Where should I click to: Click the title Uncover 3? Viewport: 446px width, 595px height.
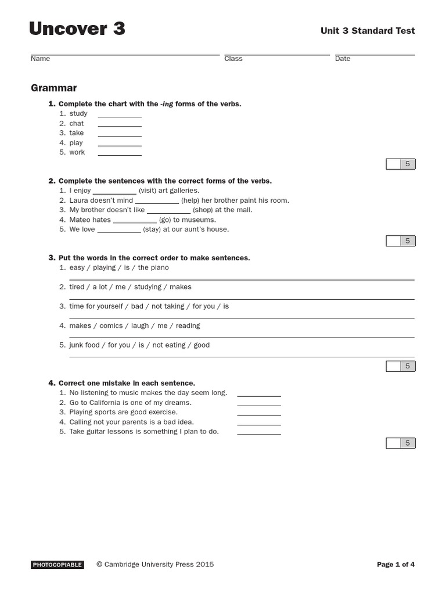77,28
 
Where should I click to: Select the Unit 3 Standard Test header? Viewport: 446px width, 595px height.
368,31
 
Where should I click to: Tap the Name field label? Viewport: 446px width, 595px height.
40,59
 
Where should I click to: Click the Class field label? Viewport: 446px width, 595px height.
233,59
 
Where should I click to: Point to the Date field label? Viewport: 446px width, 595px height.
343,59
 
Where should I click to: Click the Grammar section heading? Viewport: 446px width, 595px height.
53,88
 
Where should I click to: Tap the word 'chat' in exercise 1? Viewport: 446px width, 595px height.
77,123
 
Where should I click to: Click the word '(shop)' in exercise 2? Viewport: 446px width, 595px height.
203,210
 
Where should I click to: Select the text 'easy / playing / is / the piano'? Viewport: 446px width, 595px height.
119,267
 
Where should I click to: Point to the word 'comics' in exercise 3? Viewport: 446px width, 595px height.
111,325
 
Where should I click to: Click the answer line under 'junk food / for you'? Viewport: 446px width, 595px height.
242,356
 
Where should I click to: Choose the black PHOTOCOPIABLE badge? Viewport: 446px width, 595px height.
57,564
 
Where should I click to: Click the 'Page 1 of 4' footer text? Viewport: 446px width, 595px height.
395,564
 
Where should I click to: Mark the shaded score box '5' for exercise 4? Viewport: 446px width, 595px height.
408,443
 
